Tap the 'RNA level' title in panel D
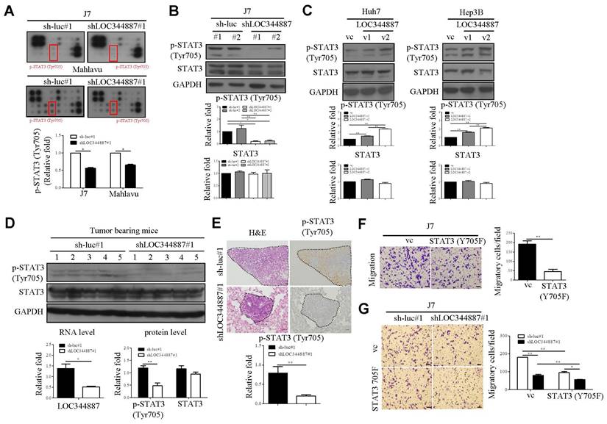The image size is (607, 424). [x=71, y=333]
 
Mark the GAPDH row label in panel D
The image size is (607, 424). [x=29, y=312]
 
